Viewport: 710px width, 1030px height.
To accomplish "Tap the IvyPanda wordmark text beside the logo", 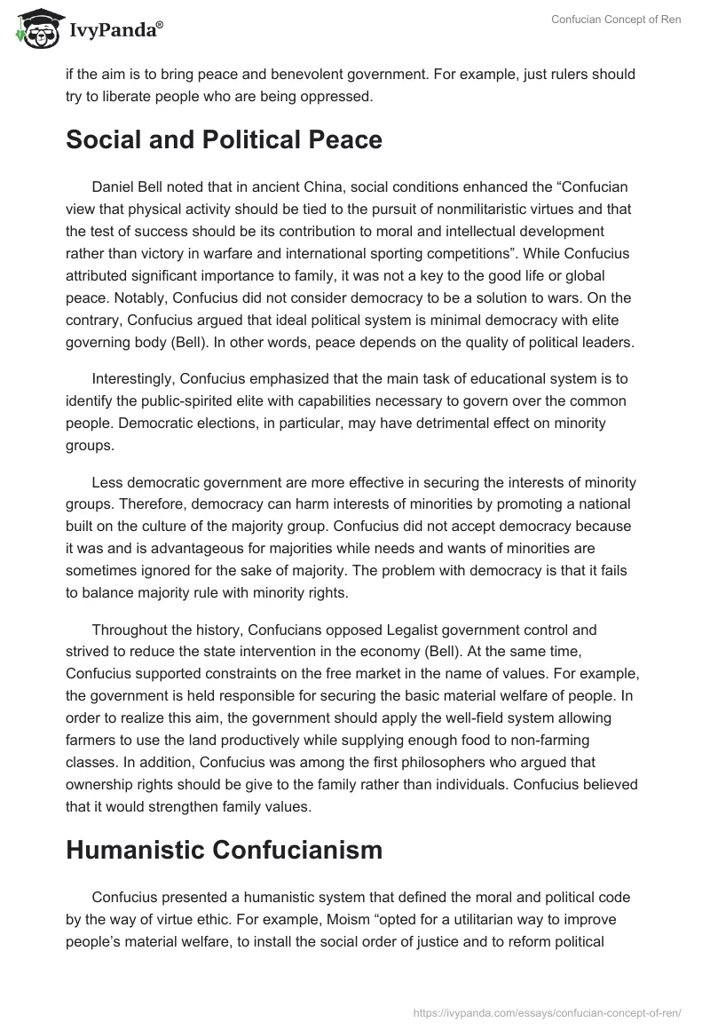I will click(x=115, y=32).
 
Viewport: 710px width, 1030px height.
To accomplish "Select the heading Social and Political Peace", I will click(x=224, y=140).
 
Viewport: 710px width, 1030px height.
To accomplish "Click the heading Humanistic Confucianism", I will click(x=224, y=850).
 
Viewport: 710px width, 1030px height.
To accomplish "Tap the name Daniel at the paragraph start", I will click(x=114, y=188).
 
